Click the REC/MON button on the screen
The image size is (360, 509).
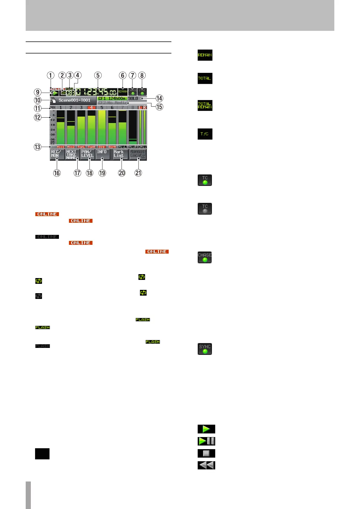[57, 154]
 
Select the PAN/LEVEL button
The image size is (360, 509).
[88, 154]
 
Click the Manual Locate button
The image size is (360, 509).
[138, 154]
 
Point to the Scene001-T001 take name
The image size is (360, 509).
[74, 100]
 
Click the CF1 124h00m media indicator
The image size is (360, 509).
[112, 99]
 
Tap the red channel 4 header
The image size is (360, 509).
[91, 108]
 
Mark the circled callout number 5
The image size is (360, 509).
[98, 75]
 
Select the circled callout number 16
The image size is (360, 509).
[57, 173]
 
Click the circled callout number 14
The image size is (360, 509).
[159, 99]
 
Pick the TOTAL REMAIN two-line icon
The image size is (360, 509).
[205, 105]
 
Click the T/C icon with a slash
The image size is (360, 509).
[205, 134]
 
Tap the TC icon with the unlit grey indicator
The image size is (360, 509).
[205, 209]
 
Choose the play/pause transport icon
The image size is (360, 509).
[206, 441]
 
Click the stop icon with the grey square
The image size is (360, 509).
[206, 453]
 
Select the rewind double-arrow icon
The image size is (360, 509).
[206, 465]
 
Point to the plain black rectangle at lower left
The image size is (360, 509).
[42, 454]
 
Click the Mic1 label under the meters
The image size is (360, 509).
[60, 147]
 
